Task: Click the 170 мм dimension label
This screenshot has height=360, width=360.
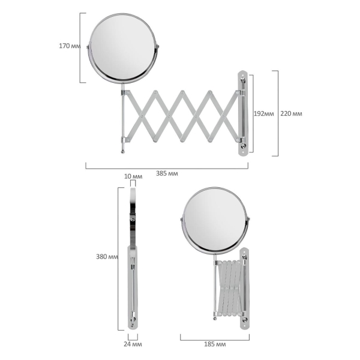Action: [x=70, y=46]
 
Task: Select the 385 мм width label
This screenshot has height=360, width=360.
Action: [x=167, y=173]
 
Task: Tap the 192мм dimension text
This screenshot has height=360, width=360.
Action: [x=264, y=113]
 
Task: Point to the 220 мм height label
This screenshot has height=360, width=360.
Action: [x=291, y=113]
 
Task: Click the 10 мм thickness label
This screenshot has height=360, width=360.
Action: [x=133, y=176]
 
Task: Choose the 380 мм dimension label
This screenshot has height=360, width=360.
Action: [x=107, y=257]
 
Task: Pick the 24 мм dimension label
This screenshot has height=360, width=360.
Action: [x=133, y=344]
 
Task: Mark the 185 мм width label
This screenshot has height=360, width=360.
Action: [x=215, y=344]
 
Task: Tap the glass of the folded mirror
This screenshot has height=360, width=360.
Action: [x=214, y=220]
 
